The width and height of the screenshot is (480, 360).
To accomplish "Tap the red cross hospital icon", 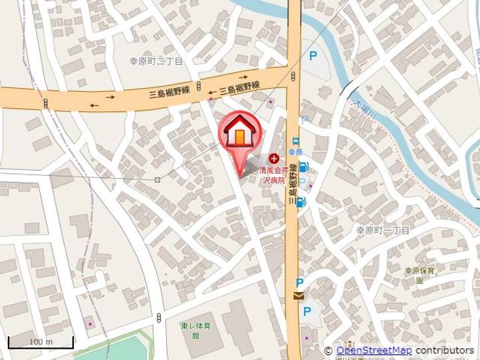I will tap(274, 159).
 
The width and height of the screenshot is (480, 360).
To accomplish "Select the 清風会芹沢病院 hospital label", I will tap(272, 175).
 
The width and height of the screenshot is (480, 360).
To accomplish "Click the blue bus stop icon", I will tap(295, 141).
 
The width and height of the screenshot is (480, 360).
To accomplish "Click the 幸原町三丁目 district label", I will tap(156, 61).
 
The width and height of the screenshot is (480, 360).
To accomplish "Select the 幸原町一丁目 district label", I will tap(383, 230).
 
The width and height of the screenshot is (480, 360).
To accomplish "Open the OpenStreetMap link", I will tap(373, 351).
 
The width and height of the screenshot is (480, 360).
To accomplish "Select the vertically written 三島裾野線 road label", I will tap(292, 187).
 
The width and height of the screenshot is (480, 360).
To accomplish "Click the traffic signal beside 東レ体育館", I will tap(159, 318).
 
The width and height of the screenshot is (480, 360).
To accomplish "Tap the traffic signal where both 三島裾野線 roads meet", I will tap(293, 78).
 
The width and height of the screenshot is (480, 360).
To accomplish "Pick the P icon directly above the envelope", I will tap(299, 282).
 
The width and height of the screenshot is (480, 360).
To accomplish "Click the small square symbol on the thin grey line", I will tap(157, 179).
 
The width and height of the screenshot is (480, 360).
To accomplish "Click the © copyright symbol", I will tap(328, 351).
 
